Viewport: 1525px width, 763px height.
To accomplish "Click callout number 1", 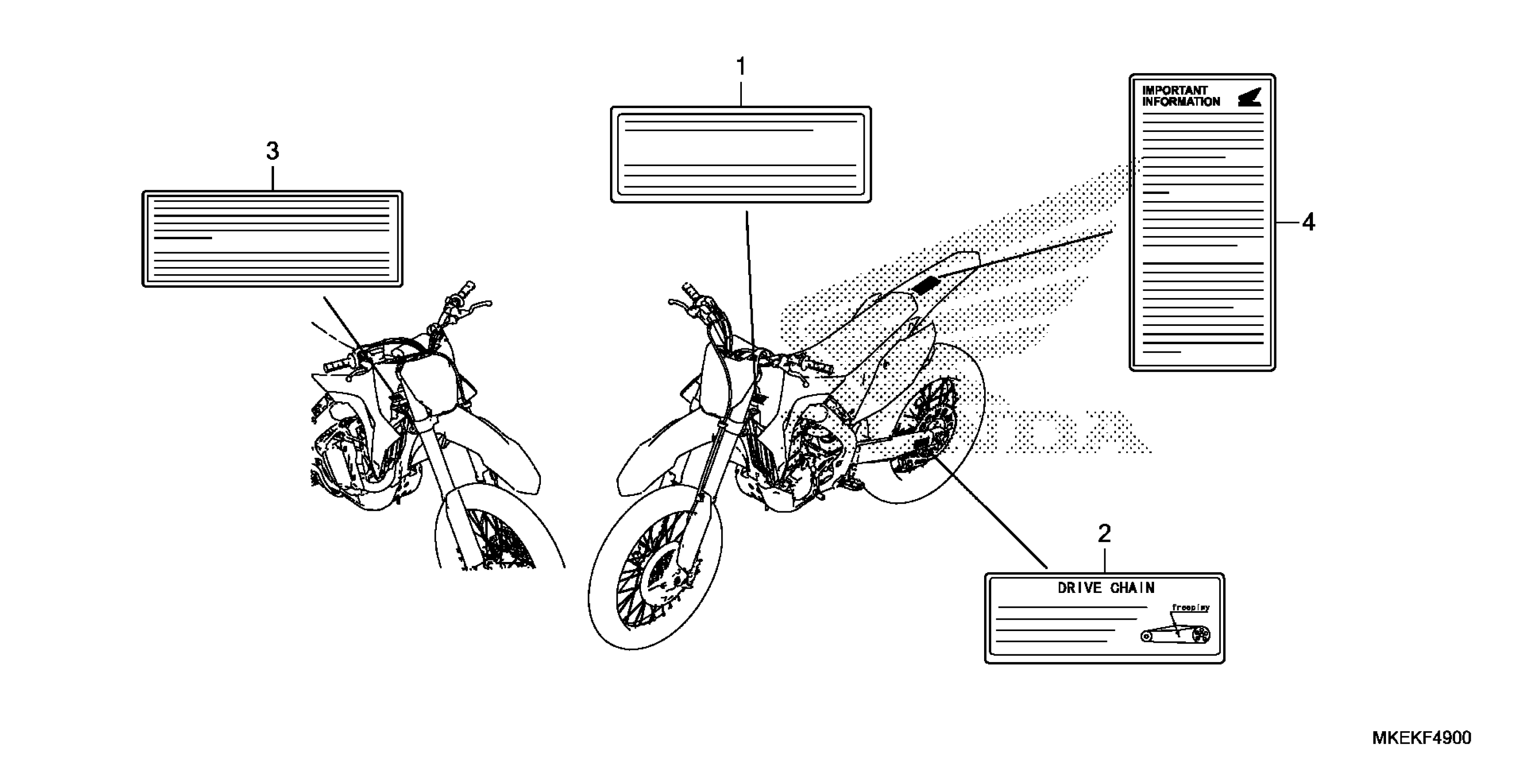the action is [741, 67].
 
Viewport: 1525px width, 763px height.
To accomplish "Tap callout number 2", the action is [1104, 535].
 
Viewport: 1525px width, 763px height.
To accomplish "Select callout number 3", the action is [272, 152].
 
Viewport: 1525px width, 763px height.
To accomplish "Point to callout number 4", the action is [1308, 223].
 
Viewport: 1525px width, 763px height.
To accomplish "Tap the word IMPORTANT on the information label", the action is [1175, 91].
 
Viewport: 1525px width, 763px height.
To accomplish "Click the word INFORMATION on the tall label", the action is [1181, 102].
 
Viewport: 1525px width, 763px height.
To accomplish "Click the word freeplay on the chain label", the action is [1190, 608].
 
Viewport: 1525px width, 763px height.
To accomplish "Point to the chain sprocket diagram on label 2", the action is [1175, 635].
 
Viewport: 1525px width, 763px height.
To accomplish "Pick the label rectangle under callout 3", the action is [272, 239].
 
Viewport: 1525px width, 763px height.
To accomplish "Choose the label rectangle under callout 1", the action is [741, 154].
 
